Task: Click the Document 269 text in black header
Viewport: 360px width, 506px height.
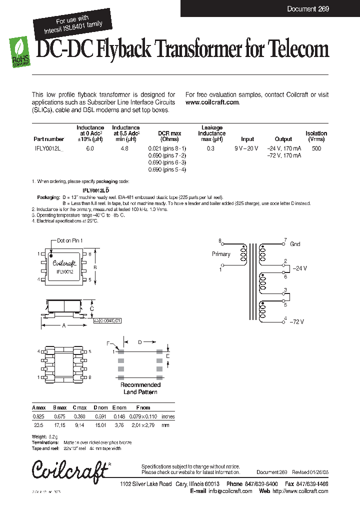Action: click(x=308, y=8)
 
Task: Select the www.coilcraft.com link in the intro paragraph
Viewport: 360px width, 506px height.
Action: click(x=212, y=102)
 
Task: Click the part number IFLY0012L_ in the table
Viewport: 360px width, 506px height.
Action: click(x=49, y=148)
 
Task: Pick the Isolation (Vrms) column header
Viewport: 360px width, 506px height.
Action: click(x=316, y=136)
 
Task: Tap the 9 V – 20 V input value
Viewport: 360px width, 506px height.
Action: click(x=247, y=148)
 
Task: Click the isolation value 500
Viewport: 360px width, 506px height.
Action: click(x=316, y=148)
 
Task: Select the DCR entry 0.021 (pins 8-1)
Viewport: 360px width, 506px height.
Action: click(x=167, y=148)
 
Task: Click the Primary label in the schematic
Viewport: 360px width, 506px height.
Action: click(x=221, y=254)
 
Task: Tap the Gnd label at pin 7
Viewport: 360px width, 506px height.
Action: click(x=295, y=244)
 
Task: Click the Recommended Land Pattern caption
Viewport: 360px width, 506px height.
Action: click(x=140, y=388)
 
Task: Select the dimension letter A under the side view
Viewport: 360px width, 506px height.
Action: click(x=63, y=325)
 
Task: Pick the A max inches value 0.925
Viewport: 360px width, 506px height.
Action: click(x=37, y=416)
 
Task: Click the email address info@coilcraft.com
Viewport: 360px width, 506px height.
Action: click(x=228, y=491)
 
